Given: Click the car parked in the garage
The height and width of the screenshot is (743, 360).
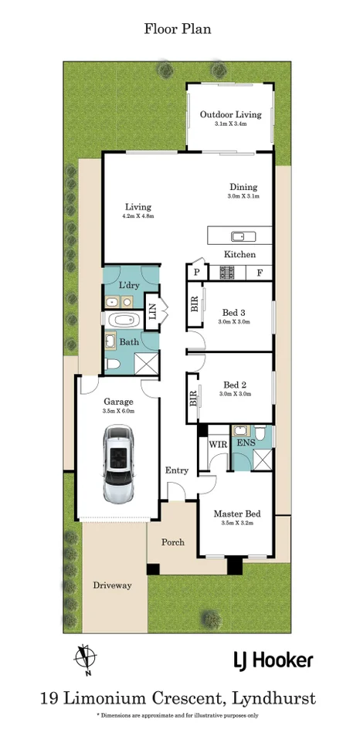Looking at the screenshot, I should coord(120,466).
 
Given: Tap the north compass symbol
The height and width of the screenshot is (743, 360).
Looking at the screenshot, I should coord(87,657).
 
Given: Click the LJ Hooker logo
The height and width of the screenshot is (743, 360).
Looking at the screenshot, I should coord(273,660).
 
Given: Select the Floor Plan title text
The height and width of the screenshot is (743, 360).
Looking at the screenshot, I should coord(178,29).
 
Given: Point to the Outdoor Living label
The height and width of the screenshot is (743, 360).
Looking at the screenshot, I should coord(230,114).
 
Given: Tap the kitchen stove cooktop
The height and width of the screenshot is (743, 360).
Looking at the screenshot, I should coord(228,272).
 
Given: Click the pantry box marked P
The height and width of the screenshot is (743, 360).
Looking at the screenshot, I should coord(196,273).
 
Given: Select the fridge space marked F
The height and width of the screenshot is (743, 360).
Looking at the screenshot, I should coord(259,273).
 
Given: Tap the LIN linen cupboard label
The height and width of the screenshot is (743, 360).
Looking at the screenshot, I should coord(152,312).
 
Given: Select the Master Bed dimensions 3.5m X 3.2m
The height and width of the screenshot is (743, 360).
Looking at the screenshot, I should coord(236,523).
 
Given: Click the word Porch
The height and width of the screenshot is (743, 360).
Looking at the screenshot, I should coord(172,542).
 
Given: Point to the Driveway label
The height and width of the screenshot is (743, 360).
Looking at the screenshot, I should coord(112,585).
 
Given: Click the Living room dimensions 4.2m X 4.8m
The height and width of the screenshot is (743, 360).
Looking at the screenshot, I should coord(139,216).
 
